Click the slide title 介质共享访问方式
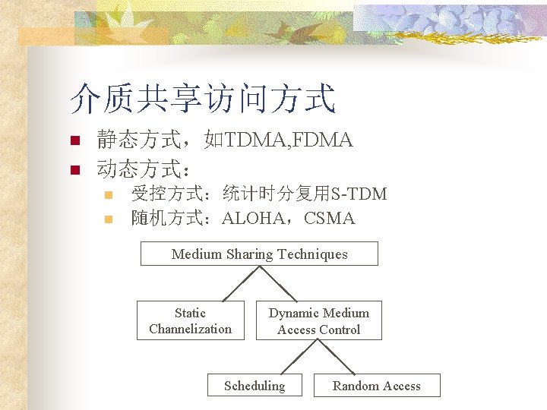(x=202, y=99)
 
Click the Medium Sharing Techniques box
(x=259, y=254)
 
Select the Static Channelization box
(x=191, y=320)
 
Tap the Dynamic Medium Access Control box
(x=318, y=320)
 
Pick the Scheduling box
(x=255, y=385)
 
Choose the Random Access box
(x=377, y=385)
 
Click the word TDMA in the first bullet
(x=252, y=140)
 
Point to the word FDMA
(x=321, y=140)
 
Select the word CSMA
(x=329, y=219)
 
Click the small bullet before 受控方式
(x=108, y=195)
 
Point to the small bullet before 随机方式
(x=108, y=219)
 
